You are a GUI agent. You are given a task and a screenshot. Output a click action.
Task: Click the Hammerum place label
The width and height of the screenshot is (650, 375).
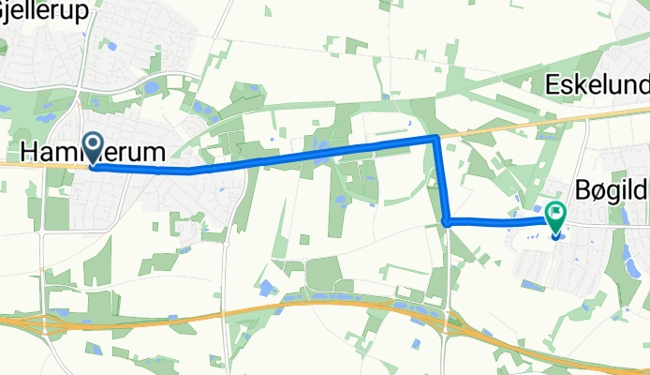coord(93,152)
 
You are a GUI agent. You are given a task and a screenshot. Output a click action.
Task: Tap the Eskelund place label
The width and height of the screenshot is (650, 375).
coord(597,86)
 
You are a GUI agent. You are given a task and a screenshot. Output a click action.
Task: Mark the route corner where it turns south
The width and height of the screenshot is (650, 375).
coord(436,139)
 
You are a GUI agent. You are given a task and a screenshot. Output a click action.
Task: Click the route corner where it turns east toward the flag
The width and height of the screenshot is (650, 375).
coord(448,221)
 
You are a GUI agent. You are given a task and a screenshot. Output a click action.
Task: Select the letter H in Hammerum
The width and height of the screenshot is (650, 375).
coord(28,152)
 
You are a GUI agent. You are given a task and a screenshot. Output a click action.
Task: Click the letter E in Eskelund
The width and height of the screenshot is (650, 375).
coord(551,86)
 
